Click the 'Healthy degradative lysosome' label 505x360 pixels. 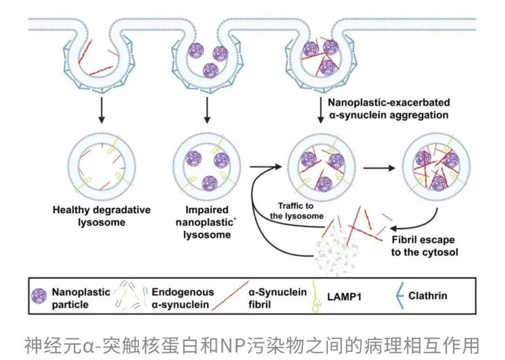coord(101,216)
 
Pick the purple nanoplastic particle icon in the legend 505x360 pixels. coord(39,296)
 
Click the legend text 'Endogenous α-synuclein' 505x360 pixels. coord(182,298)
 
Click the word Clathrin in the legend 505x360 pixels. coord(427,295)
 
